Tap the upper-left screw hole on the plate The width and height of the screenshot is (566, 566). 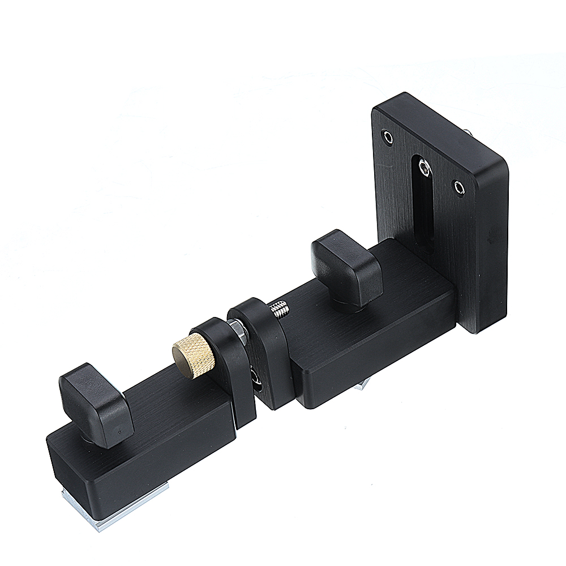[x=387, y=136]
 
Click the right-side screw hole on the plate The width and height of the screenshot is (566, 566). [x=460, y=186]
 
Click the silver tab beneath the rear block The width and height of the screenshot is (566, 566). [x=361, y=387]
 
